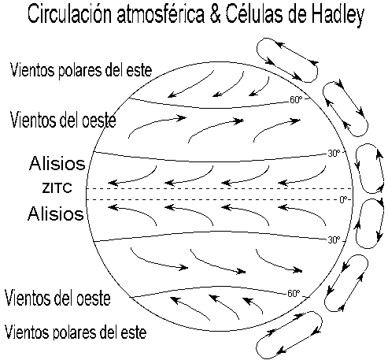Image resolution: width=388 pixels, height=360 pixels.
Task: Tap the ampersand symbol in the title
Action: [215, 14]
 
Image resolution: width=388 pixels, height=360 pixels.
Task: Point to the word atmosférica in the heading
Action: [161, 13]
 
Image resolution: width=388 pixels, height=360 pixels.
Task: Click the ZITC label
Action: [57, 188]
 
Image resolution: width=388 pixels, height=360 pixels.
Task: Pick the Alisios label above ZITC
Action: [57, 163]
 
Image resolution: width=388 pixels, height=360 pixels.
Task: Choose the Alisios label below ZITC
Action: [56, 213]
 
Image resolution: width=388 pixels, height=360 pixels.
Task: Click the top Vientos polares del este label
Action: [81, 70]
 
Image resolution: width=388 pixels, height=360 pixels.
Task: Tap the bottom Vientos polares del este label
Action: [76, 332]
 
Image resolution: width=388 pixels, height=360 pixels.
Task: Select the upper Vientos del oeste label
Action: [63, 120]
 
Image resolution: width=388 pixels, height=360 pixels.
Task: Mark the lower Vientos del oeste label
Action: [57, 298]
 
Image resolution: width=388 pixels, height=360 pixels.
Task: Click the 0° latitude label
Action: [343, 200]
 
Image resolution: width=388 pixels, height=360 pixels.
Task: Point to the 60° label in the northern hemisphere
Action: [296, 100]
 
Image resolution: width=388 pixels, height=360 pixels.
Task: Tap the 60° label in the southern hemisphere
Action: [294, 293]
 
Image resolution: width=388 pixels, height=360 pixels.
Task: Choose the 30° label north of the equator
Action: [334, 154]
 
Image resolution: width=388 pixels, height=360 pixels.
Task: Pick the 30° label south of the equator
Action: [334, 239]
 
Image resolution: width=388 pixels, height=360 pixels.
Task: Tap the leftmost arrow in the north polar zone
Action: [190, 84]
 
